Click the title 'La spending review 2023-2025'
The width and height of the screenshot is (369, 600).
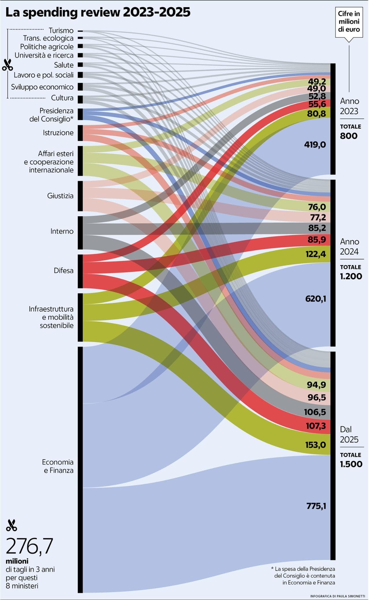tap(98, 13)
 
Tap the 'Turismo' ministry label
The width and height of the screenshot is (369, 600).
tap(61, 31)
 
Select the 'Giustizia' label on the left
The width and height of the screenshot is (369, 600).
tap(60, 196)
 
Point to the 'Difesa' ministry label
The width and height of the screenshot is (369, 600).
tap(64, 271)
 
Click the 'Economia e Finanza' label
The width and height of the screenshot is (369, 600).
tap(58, 466)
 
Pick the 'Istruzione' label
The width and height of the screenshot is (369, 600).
tap(58, 133)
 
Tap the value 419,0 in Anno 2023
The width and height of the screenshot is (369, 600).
tap(315, 145)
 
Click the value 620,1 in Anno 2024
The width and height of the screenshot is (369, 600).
tap(316, 299)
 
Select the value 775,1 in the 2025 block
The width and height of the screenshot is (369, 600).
tap(316, 506)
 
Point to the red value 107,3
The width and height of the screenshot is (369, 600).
tap(316, 425)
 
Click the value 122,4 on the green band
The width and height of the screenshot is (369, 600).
tap(316, 254)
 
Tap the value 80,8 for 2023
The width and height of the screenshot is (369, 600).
tap(317, 114)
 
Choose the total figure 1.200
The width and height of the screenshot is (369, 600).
tap(351, 276)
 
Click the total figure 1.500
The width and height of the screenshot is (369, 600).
tap(351, 464)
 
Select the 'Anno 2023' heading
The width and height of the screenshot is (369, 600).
tap(349, 106)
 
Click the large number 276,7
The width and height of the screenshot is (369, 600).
tap(30, 546)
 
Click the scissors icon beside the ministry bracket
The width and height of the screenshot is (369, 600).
tap(7, 65)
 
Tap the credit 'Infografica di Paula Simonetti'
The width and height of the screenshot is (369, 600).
tap(338, 596)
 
